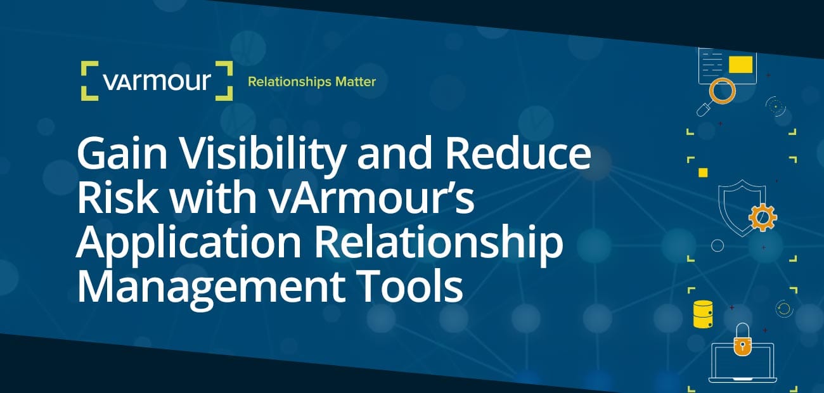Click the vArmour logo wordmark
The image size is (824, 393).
click(157, 82)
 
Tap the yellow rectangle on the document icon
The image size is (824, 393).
click(740, 64)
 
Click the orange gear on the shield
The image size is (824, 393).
click(762, 218)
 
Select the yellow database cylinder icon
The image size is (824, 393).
click(704, 314)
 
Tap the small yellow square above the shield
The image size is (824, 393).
click(702, 172)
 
